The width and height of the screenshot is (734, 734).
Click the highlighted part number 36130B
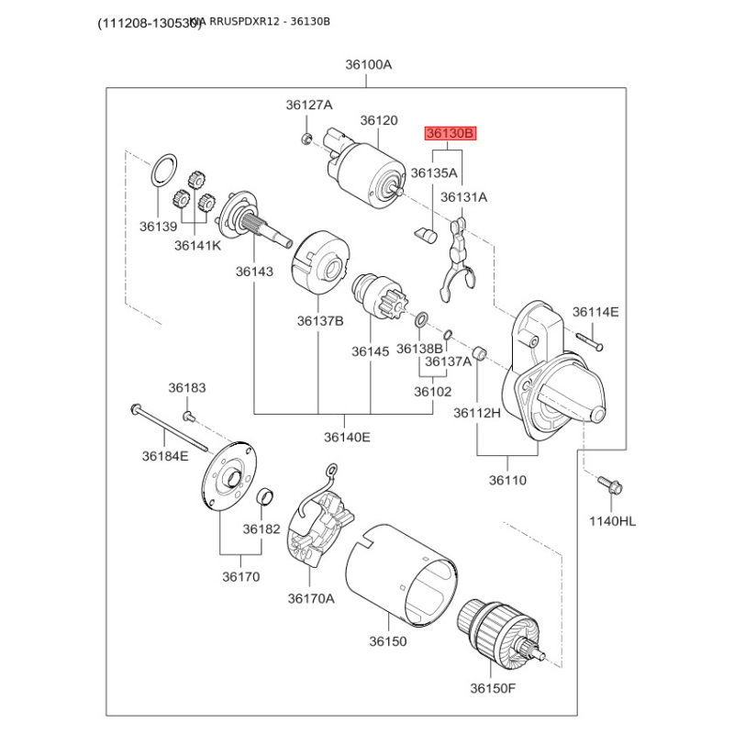click(x=450, y=134)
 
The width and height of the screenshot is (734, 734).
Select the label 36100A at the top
click(x=368, y=64)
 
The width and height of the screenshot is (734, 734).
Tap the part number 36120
click(x=378, y=120)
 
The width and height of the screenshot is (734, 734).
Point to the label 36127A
click(x=309, y=105)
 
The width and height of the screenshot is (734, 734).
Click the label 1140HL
click(x=612, y=521)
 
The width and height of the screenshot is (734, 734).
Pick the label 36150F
click(x=494, y=687)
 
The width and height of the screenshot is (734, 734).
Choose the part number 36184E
click(x=164, y=455)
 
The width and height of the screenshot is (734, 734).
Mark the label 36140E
click(x=346, y=437)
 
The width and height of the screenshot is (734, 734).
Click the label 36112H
click(x=477, y=414)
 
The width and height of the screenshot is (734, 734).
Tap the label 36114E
click(x=595, y=312)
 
